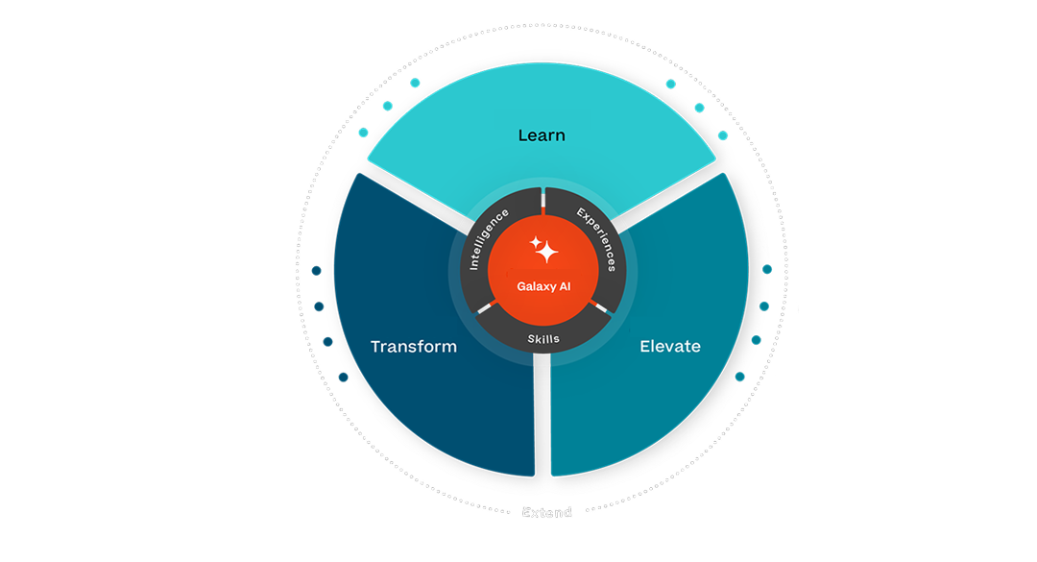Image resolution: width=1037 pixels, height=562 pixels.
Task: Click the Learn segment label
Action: (542, 135)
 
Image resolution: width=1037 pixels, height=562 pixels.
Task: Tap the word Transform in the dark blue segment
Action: (414, 346)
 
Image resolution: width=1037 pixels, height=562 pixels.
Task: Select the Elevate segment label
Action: (670, 346)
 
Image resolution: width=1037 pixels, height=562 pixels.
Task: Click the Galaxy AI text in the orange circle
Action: (543, 286)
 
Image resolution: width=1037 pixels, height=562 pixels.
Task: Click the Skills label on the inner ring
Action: (543, 339)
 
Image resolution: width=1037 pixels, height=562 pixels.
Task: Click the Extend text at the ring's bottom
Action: (546, 513)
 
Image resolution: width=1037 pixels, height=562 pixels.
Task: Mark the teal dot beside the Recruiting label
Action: (739, 378)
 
